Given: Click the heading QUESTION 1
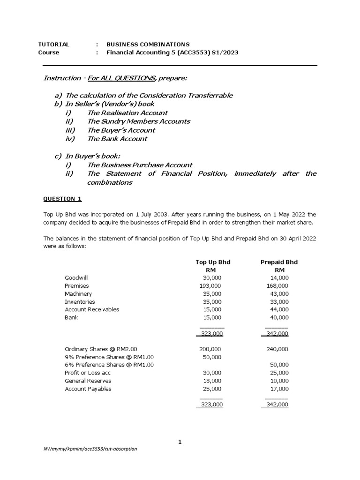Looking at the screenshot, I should tap(62, 199).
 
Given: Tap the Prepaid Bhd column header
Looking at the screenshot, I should tap(279, 262).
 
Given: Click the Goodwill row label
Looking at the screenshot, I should tap(76, 277).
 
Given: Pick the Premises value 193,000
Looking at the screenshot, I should tap(210, 285).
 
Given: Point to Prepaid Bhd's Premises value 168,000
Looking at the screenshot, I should tap(277, 285).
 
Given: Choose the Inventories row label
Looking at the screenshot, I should tap(80, 302).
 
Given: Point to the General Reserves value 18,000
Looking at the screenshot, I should tap(211, 381).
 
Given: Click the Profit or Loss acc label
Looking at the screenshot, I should tap(88, 373).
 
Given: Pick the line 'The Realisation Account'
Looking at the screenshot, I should tap(127, 112).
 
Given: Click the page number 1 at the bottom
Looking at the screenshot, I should tap(180, 442).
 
